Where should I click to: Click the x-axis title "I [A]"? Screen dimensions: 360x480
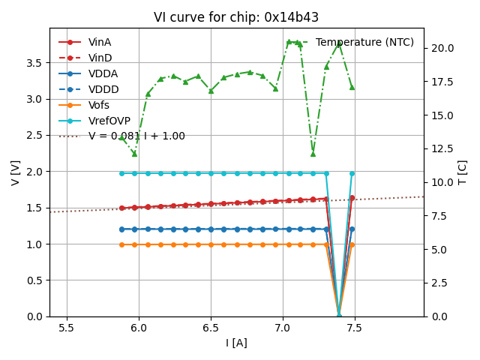[236, 343]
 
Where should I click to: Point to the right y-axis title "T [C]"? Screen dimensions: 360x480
[463, 172]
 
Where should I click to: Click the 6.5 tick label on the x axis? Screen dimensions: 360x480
[211, 328]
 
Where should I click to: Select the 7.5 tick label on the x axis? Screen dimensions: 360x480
[355, 328]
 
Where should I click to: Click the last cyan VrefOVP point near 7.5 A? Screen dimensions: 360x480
[352, 173]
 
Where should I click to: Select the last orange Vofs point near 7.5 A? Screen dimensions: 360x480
[352, 244]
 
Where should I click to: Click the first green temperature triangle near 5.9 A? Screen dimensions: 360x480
[121, 138]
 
